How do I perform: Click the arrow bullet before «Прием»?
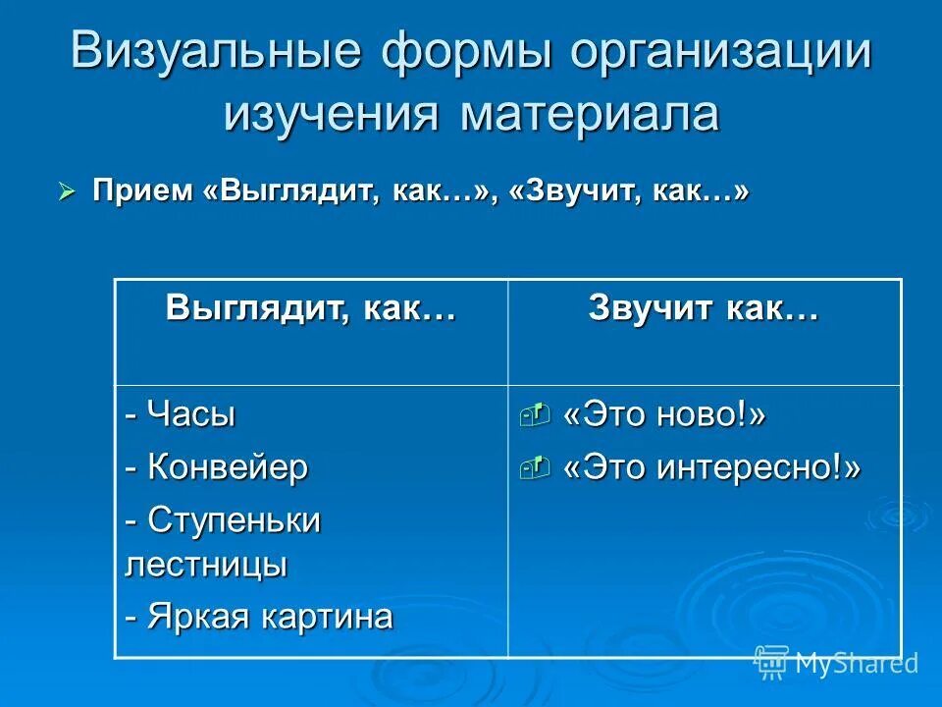[x=67, y=192]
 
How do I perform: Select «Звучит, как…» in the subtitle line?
[x=629, y=191]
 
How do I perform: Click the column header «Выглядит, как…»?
[x=311, y=308]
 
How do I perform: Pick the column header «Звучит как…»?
[x=704, y=308]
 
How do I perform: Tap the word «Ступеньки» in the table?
[x=235, y=519]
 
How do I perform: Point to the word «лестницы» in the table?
[x=206, y=565]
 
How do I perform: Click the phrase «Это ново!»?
[x=663, y=416]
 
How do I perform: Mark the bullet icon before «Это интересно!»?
[x=535, y=468]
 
